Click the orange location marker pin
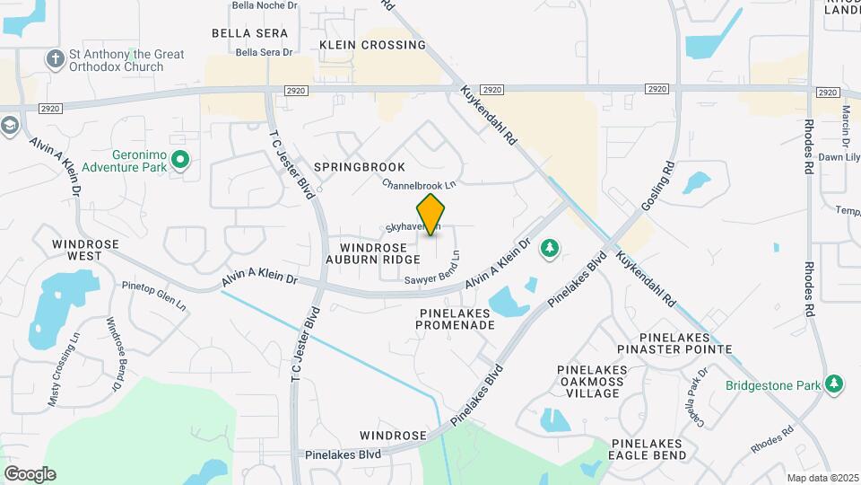click(431, 214)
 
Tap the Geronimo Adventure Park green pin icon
click(180, 160)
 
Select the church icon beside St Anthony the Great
click(56, 59)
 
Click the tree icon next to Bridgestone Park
click(835, 384)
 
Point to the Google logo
click(30, 473)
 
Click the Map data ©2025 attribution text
click(822, 478)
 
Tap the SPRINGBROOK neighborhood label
click(360, 167)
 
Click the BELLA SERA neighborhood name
click(250, 33)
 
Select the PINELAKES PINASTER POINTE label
click(687, 342)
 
